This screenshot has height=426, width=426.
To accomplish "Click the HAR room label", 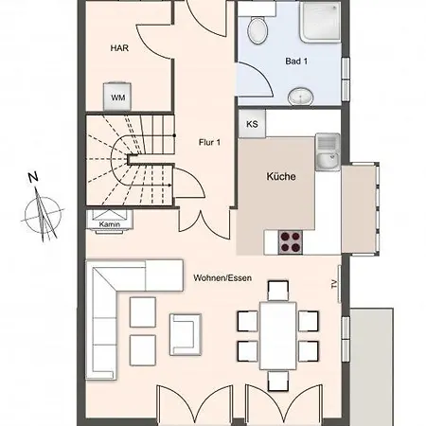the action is pos(119,48).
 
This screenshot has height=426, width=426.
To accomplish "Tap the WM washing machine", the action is pos(117,97).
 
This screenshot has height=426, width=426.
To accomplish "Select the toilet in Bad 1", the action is pos(257,29).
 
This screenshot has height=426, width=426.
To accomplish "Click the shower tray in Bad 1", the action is pos(320,22).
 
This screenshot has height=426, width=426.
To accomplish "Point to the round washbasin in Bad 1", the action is pos(300,97).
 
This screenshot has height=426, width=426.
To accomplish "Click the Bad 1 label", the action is pos(296,62).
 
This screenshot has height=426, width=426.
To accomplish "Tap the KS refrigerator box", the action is pos(252,124).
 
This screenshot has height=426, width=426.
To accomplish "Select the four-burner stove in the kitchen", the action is pos(291,242).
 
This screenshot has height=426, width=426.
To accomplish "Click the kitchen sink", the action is pos(328,152).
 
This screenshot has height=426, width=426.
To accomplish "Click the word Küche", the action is pos(281,176).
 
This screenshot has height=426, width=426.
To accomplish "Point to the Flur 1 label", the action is pos(209,142).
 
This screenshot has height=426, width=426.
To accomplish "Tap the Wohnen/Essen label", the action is pos(222,278).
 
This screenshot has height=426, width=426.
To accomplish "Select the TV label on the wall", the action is pos(334,284).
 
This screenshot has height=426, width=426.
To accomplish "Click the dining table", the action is pos(278,336).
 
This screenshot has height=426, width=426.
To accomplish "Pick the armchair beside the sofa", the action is pos(186,334).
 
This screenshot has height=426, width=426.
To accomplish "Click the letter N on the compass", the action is pos(33,177).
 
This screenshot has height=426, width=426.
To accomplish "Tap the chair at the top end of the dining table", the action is pos(278,291).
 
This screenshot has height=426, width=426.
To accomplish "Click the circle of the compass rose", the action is pos(44,215).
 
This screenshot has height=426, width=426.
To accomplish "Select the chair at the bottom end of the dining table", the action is pos(278,381).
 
